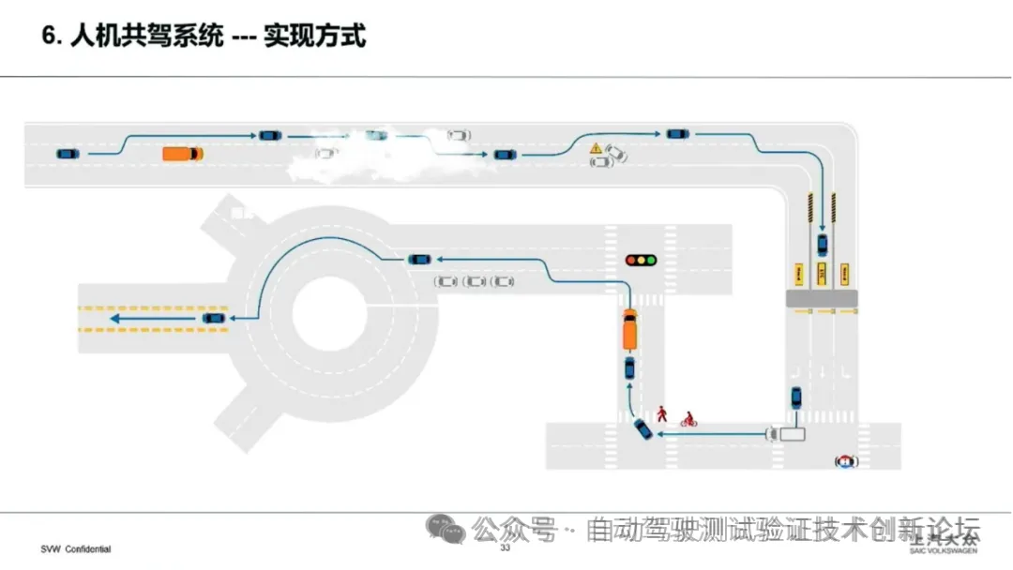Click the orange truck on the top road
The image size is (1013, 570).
point(182,154)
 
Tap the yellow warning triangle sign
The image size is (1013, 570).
point(595,148)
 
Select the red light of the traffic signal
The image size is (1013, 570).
point(632,260)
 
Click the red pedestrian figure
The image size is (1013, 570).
point(662,413)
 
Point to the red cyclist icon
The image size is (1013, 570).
point(688,419)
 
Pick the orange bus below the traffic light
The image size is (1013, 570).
point(629,330)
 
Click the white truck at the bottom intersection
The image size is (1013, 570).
point(786,433)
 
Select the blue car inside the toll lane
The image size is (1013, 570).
point(823,246)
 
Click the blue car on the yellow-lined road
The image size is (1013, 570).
point(214,319)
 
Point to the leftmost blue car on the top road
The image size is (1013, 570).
point(67,154)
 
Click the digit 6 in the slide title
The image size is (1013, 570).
point(50,37)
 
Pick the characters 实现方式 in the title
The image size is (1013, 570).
point(314,37)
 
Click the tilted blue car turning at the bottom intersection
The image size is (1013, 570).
point(643,428)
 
